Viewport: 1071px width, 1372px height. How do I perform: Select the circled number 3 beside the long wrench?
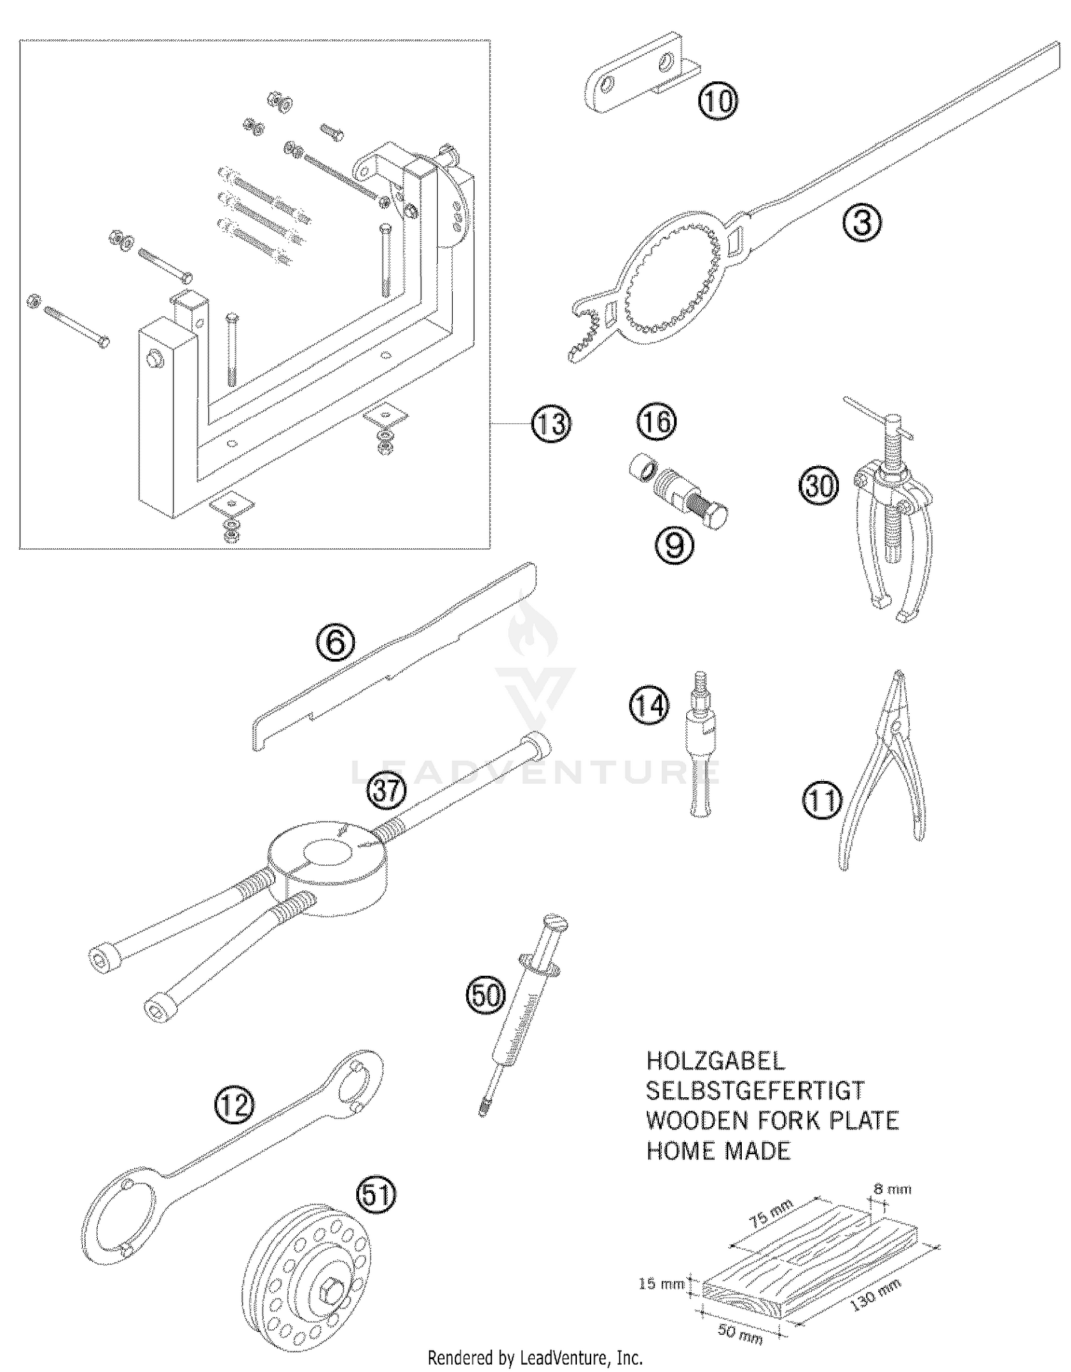pos(863,223)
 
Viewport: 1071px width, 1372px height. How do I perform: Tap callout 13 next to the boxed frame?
pos(550,424)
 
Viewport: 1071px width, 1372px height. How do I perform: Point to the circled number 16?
pos(656,422)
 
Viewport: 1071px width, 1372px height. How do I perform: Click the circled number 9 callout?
pos(674,545)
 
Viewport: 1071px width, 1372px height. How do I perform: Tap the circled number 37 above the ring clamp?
pos(386,791)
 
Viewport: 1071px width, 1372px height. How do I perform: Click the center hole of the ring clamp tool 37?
pos(328,852)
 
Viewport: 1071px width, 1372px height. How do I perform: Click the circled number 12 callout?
pos(234,1105)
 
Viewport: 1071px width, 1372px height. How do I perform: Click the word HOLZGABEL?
pos(715,1061)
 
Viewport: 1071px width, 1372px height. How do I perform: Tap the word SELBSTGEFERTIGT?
pos(755,1091)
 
